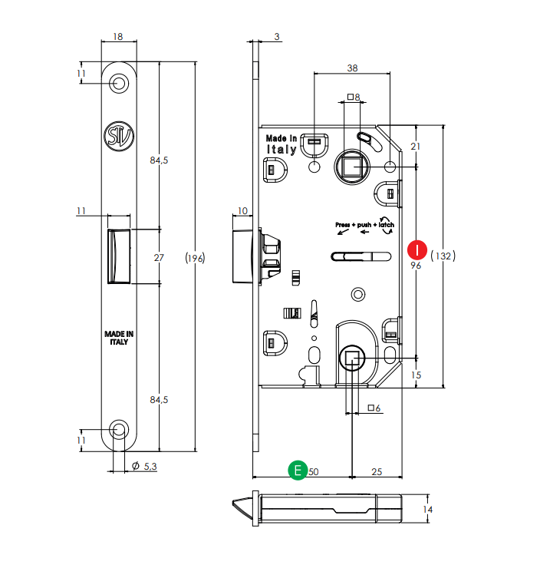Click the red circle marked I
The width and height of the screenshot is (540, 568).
pyautogui.click(x=417, y=250)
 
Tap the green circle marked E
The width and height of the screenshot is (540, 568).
pyautogui.click(x=298, y=471)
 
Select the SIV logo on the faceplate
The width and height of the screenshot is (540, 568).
pyautogui.click(x=119, y=136)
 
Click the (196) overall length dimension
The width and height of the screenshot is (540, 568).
pyautogui.click(x=195, y=258)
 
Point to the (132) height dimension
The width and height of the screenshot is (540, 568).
pyautogui.click(x=443, y=256)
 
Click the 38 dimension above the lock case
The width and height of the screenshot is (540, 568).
pyautogui.click(x=352, y=68)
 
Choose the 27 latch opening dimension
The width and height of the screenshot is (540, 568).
pyautogui.click(x=159, y=258)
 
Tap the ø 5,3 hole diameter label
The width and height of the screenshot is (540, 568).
pyautogui.click(x=144, y=466)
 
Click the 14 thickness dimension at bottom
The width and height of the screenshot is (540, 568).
pyautogui.click(x=427, y=510)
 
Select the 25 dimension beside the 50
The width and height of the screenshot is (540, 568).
pyautogui.click(x=377, y=471)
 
